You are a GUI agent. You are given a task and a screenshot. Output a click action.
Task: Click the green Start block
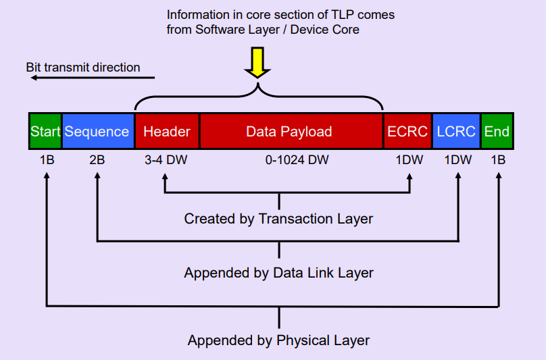click(45, 131)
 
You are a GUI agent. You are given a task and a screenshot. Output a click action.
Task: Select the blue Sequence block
click(97, 131)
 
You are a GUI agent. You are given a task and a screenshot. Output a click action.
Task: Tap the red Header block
click(167, 131)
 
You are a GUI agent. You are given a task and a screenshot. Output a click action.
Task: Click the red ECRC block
click(407, 131)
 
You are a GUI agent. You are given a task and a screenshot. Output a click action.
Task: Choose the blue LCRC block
click(456, 131)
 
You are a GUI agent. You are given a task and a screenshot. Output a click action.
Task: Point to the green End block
click(497, 131)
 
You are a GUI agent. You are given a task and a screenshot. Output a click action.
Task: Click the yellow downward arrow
click(257, 62)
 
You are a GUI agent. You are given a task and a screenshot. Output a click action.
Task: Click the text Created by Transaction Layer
click(278, 219)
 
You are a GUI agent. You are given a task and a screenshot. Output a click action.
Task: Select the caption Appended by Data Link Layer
click(278, 273)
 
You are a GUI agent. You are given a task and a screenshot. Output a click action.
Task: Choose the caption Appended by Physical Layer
click(278, 340)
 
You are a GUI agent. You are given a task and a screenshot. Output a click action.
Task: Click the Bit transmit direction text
click(82, 67)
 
